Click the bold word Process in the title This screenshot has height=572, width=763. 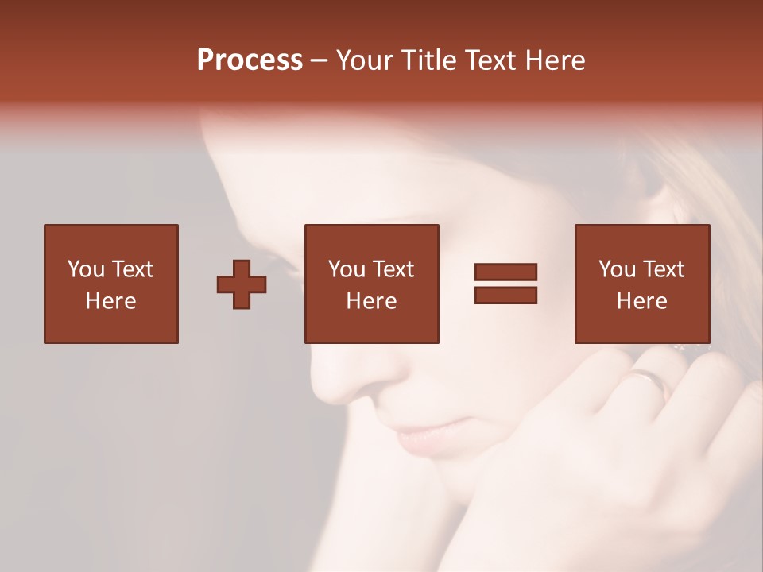(250, 60)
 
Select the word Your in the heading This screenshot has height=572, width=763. (365, 60)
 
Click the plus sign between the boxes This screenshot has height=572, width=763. (242, 284)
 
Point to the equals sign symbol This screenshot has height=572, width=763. (505, 284)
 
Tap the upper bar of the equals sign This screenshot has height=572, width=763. (505, 272)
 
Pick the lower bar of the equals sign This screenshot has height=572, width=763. (505, 295)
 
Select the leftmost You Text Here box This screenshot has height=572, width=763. (110, 284)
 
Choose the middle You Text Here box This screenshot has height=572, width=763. (371, 284)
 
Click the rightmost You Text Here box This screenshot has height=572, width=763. (641, 284)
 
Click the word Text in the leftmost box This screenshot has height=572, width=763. (131, 269)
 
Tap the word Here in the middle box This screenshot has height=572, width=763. (371, 301)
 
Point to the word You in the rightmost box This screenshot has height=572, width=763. (617, 269)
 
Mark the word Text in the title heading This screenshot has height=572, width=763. (489, 60)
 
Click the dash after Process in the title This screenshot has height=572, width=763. (319, 60)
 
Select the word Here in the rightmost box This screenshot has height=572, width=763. (641, 301)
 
